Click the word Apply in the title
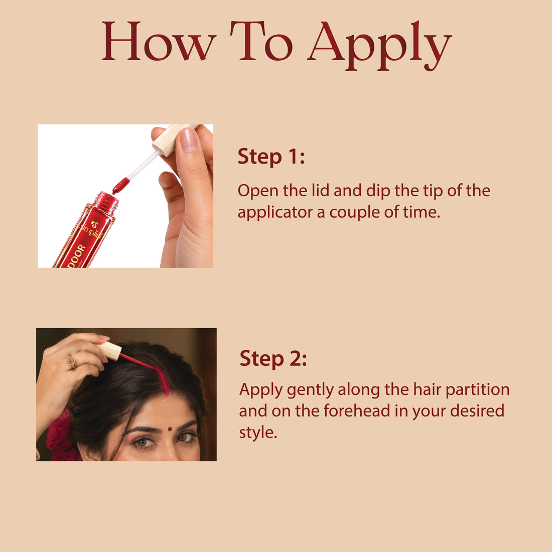[x=379, y=45]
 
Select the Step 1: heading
[x=271, y=156]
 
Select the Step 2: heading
[x=273, y=359]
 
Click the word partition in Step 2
[x=477, y=390]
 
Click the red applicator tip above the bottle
[x=121, y=186]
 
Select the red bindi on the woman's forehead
[x=170, y=429]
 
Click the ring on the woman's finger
[x=71, y=362]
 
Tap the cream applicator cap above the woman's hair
[x=110, y=351]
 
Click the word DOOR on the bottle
[x=76, y=255]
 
